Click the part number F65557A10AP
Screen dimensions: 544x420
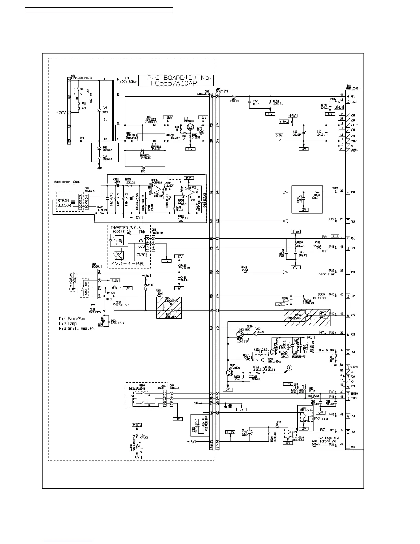pos(176,83)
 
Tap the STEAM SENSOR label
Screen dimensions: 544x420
pos(63,203)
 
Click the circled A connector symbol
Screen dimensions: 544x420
pos(289,367)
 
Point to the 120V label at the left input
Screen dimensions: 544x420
pos(61,112)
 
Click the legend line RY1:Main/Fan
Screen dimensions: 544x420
pos(72,319)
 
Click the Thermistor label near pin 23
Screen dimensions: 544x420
pos(326,274)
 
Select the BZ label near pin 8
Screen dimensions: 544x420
pos(322,430)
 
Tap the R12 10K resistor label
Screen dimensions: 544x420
pos(143,170)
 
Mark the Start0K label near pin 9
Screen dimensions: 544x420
pos(323,350)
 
